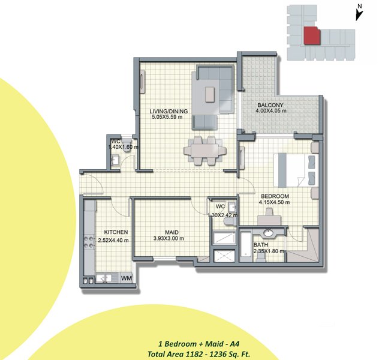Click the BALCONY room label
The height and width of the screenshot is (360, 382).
270,105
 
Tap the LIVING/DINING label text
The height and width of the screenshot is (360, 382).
169,112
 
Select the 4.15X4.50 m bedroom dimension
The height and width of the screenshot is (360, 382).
274,202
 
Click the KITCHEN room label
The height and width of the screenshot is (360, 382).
116,232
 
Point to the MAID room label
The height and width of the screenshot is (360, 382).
172,233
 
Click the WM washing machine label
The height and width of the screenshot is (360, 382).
127,278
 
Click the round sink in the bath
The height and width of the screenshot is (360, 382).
269,233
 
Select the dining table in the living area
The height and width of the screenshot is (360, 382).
204,151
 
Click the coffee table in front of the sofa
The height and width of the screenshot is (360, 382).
210,94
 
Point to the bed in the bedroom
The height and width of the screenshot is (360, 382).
296,170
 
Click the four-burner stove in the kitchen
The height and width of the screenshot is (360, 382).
89,242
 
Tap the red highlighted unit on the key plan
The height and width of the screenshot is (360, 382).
312,36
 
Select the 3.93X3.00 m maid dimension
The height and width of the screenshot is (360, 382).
169,239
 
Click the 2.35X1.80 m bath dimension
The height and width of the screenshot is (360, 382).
269,251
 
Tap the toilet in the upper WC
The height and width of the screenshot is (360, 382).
127,145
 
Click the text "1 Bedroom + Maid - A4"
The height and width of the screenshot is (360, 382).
199,344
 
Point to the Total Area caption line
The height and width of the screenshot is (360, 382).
199,354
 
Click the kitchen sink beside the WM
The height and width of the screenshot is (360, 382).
103,278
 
